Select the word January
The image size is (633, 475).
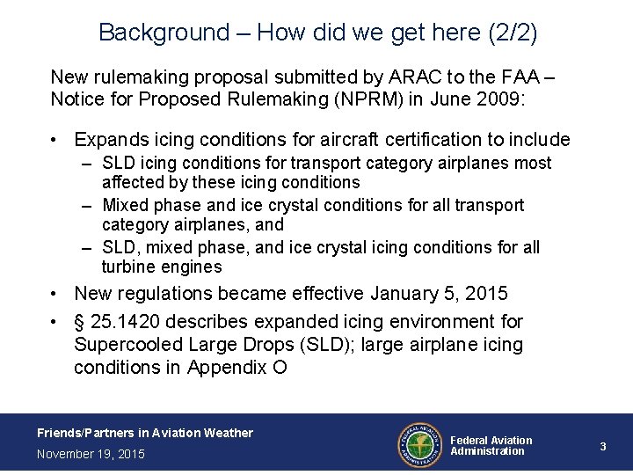(x=406, y=293)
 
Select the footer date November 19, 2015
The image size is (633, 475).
(x=91, y=454)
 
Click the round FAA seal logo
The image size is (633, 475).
(x=419, y=443)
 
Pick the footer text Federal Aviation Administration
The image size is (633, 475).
(x=491, y=446)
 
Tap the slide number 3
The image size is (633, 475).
(x=603, y=447)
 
